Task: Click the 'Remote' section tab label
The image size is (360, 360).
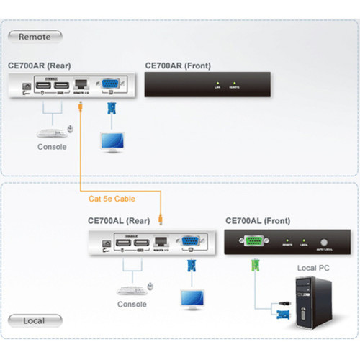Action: (35, 36)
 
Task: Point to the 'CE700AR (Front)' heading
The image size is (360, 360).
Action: (178, 65)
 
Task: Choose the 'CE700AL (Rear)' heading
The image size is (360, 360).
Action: (119, 221)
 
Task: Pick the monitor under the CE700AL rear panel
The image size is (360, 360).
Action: (192, 297)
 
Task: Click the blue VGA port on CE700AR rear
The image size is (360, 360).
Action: (111, 85)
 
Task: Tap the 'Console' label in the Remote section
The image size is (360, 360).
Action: (52, 147)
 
